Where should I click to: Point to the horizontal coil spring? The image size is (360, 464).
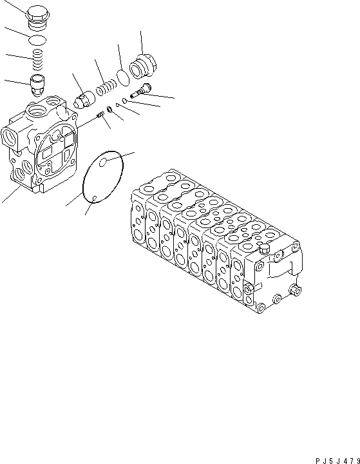105,86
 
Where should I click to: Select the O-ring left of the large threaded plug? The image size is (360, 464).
123,77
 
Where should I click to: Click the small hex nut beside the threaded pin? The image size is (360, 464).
110,110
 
